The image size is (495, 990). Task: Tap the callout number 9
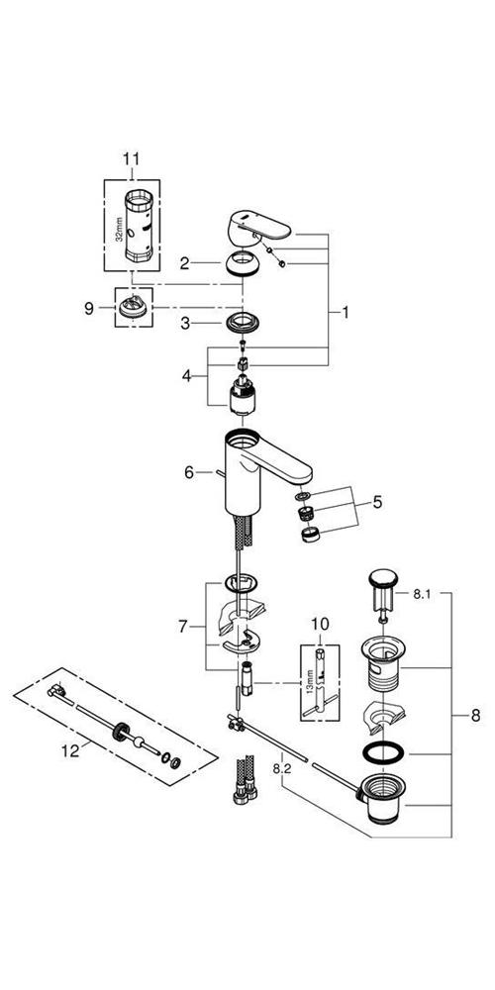coord(88,308)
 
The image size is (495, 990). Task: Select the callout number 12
coord(70,751)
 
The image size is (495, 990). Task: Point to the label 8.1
coord(421,593)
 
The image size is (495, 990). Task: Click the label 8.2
coord(281,768)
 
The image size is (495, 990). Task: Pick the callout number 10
coord(320,625)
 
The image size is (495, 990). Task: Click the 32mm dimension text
coord(119,225)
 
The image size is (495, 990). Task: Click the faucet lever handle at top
coord(258,228)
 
